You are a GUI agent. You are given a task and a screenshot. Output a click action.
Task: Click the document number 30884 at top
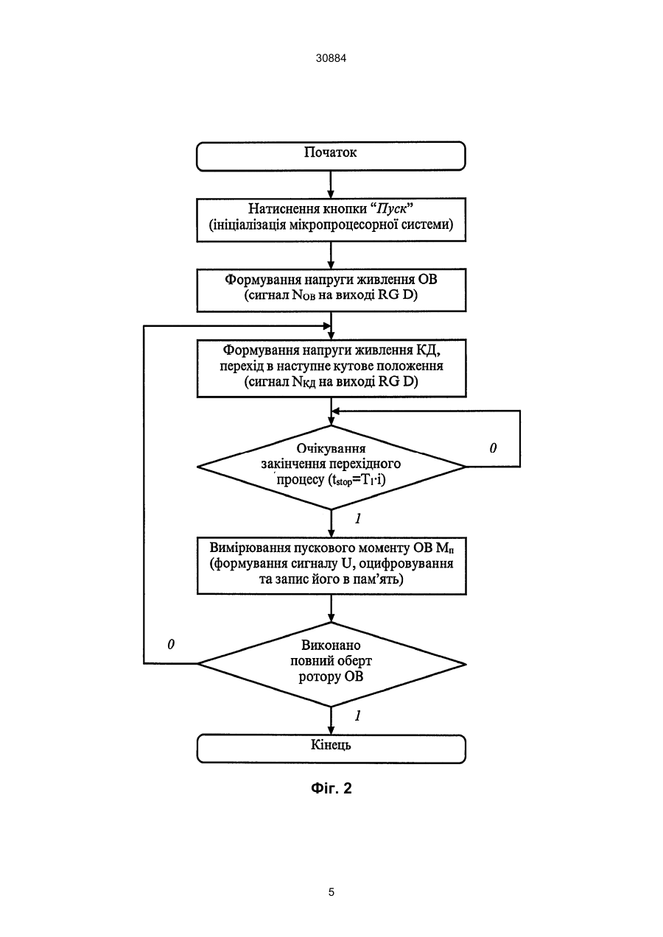(x=331, y=58)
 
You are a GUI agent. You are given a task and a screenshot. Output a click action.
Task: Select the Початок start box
(x=331, y=156)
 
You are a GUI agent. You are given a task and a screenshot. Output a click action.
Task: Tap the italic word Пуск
(x=390, y=208)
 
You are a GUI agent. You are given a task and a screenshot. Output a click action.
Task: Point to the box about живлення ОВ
(x=331, y=290)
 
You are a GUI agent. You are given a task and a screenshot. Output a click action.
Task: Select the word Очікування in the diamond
(x=331, y=448)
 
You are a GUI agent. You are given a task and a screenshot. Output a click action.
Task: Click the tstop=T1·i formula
(x=357, y=480)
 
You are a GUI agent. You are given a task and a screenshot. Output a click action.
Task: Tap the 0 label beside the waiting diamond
(x=493, y=448)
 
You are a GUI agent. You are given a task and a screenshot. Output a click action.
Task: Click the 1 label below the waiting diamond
(x=358, y=519)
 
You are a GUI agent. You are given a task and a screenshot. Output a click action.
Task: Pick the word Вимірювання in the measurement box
(x=248, y=548)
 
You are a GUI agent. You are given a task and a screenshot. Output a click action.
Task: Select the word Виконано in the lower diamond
(x=331, y=645)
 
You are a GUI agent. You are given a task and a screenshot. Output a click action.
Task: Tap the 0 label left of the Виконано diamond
(x=171, y=645)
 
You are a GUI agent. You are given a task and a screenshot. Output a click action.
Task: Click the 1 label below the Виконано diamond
(x=358, y=715)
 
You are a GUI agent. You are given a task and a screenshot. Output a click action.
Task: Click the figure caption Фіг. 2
(x=331, y=788)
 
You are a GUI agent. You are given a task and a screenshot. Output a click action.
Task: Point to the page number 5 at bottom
(x=331, y=893)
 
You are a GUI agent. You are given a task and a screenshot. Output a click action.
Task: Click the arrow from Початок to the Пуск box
(x=331, y=185)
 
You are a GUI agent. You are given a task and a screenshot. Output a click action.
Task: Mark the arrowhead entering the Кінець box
(x=331, y=730)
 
